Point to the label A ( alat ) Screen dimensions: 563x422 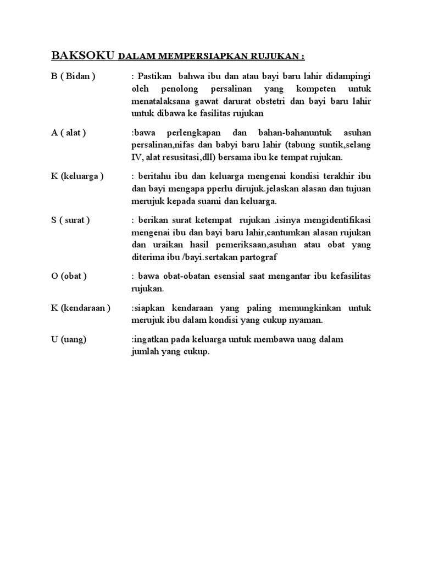[x=69, y=133]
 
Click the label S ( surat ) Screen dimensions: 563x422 [x=71, y=220]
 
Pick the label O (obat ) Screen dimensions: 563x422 [x=69, y=275]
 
